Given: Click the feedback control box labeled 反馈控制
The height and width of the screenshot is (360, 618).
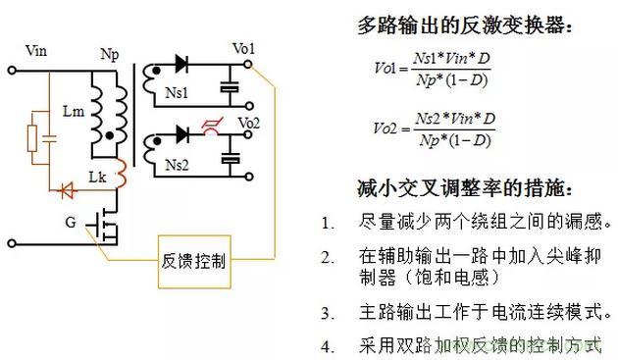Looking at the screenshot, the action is pyautogui.click(x=194, y=262).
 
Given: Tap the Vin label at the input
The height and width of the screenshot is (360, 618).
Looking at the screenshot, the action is pyautogui.click(x=36, y=51).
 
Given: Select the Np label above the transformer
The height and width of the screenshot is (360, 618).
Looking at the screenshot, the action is pyautogui.click(x=110, y=54).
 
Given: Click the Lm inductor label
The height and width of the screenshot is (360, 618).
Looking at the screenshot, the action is pyautogui.click(x=74, y=111).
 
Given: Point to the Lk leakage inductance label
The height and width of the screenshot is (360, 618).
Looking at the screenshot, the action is pyautogui.click(x=97, y=177).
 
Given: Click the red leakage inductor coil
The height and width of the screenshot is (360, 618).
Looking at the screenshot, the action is pyautogui.click(x=121, y=173).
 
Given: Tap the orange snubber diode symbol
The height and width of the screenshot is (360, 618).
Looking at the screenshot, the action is pyautogui.click(x=67, y=191).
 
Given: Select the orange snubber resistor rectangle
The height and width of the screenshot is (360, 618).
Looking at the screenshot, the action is pyautogui.click(x=32, y=138).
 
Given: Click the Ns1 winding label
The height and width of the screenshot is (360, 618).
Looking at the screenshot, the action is pyautogui.click(x=177, y=93).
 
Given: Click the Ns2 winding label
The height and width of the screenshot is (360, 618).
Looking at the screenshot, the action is pyautogui.click(x=177, y=165).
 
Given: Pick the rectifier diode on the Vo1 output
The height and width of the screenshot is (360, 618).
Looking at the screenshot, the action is pyautogui.click(x=181, y=64).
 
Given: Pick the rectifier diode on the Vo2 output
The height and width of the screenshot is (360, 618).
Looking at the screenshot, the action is pyautogui.click(x=182, y=134).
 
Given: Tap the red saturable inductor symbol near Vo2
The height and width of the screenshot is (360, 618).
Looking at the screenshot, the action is pyautogui.click(x=212, y=127).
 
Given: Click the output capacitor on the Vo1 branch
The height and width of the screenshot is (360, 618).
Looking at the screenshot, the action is pyautogui.click(x=230, y=87).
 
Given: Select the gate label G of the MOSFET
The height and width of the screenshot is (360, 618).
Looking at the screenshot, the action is pyautogui.click(x=71, y=222).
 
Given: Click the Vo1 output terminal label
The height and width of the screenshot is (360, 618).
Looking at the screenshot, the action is pyautogui.click(x=243, y=49).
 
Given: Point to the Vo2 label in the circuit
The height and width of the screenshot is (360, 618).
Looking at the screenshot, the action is pyautogui.click(x=249, y=123).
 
